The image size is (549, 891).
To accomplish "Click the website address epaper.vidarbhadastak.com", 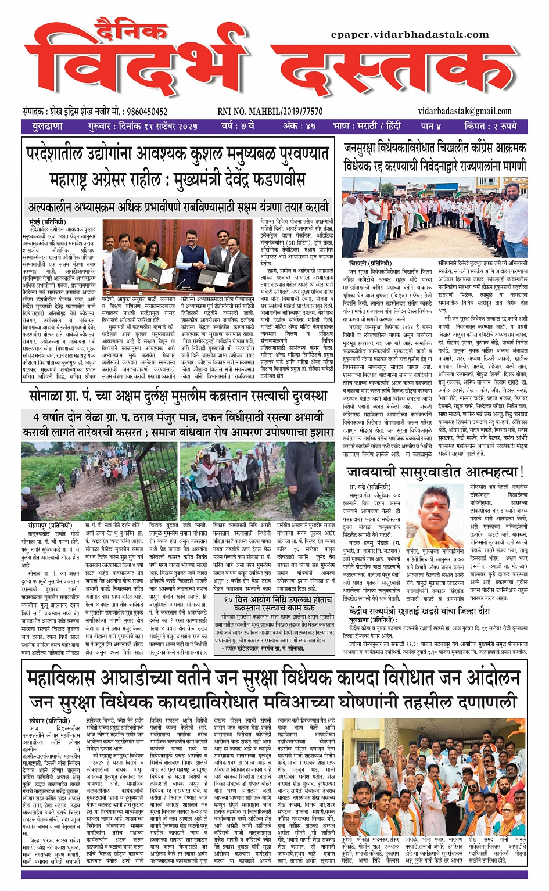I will pos(410,35).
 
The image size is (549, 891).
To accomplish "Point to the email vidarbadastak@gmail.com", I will pos(464,111).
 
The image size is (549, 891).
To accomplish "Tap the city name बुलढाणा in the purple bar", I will pos(48,126).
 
